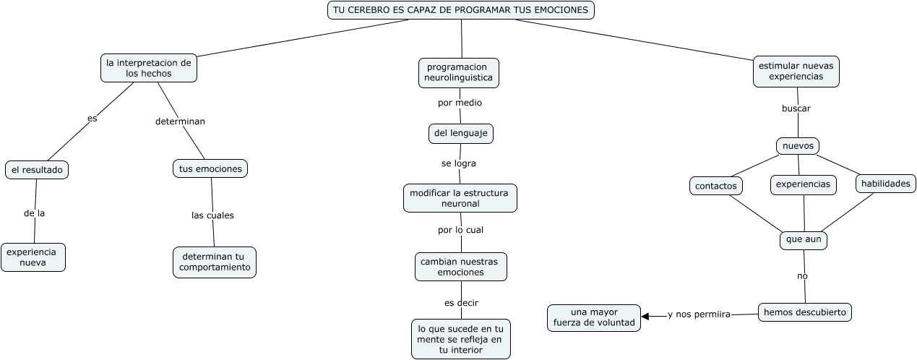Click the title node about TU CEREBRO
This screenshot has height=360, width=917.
pyautogui.click(x=461, y=10)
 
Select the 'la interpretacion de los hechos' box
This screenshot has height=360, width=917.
pyautogui.click(x=148, y=68)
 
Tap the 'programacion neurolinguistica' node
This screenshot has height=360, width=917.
pyautogui.click(x=458, y=72)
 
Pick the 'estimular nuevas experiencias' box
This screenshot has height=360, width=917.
pyautogui.click(x=796, y=71)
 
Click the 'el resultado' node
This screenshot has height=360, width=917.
pyautogui.click(x=37, y=170)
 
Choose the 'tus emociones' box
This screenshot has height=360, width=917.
pyautogui.click(x=210, y=168)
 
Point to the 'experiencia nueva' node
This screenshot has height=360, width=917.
pyautogui.click(x=33, y=257)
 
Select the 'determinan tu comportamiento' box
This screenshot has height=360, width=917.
pyautogui.click(x=215, y=262)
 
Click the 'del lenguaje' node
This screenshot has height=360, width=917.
pyautogui.click(x=460, y=133)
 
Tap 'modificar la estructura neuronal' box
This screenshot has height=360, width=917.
pyautogui.click(x=460, y=198)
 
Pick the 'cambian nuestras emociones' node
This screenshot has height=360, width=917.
pyautogui.click(x=460, y=267)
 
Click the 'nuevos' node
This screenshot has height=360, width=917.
pyautogui.click(x=798, y=146)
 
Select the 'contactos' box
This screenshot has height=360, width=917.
pyautogui.click(x=715, y=186)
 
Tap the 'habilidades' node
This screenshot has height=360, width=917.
pyautogui.click(x=885, y=184)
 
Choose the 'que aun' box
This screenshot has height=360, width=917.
pyautogui.click(x=804, y=240)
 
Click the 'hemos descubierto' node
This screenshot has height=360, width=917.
pyautogui.click(x=805, y=312)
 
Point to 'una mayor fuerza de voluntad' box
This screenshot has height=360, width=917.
pyautogui.click(x=594, y=318)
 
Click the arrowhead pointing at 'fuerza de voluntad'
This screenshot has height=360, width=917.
pyautogui.click(x=645, y=316)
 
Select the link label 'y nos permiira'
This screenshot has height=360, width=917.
pyautogui.click(x=699, y=314)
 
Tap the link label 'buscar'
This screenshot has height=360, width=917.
pyautogui.click(x=796, y=108)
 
